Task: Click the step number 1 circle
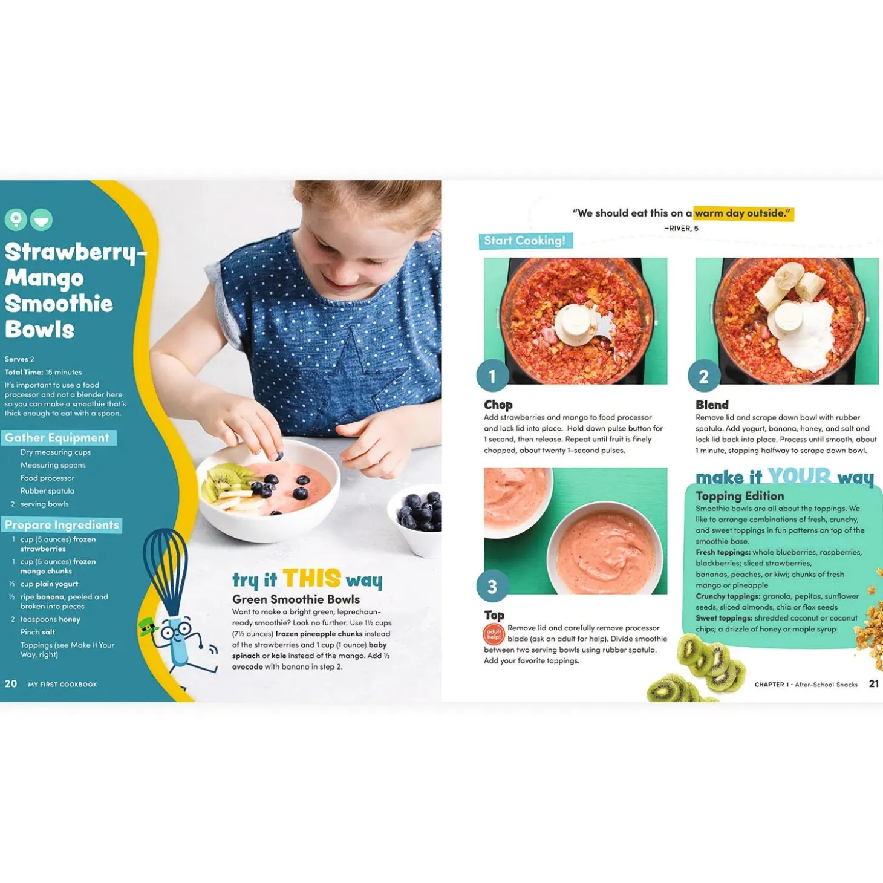click(x=492, y=376)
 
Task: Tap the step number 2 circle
click(x=704, y=376)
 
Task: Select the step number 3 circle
click(x=492, y=586)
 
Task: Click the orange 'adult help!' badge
click(x=494, y=634)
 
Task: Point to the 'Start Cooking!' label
click(x=525, y=241)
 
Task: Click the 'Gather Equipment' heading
click(x=57, y=438)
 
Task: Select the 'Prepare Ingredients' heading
click(x=62, y=525)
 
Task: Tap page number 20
click(x=10, y=683)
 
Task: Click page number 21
click(x=874, y=683)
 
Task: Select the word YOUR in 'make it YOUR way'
click(x=799, y=477)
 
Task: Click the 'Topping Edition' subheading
click(x=740, y=496)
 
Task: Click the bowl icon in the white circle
click(x=41, y=220)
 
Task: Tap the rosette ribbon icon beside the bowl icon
click(x=16, y=220)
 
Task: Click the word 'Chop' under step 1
click(x=498, y=405)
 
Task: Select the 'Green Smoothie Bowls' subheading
click(x=296, y=599)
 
